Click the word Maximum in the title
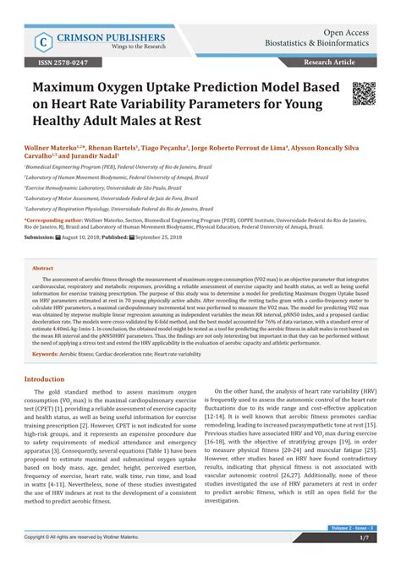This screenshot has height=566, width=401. pyautogui.click(x=74, y=90)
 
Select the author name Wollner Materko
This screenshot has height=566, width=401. pyautogui.click(x=52, y=146)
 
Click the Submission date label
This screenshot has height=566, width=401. pyautogui.click(x=40, y=237)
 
